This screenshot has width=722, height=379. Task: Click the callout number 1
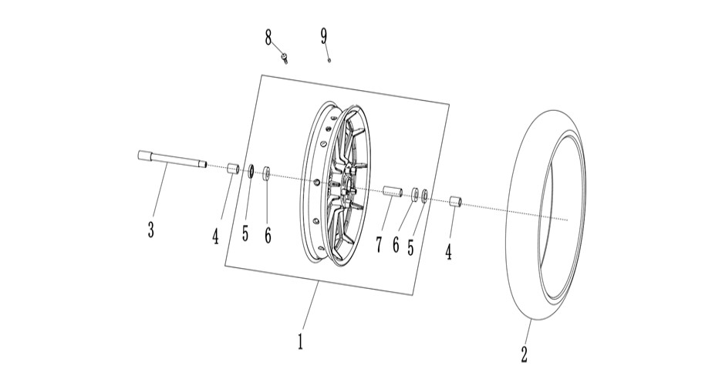point(300,340)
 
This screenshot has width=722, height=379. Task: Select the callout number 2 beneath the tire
point(524,354)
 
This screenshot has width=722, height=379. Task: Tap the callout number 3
point(151,229)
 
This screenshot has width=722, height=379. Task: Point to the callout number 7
point(379,245)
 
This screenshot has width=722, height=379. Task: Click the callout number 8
point(268,37)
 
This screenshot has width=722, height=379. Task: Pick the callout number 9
point(324,36)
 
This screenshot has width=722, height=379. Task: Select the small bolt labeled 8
point(285,59)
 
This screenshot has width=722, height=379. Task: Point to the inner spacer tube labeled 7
point(393,191)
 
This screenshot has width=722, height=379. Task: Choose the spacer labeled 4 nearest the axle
point(233,168)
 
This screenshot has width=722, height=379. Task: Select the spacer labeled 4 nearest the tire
point(455,203)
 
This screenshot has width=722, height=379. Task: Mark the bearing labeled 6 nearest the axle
point(267,174)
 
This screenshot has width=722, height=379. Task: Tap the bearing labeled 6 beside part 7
point(415,193)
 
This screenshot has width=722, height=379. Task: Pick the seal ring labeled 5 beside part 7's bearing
point(425,196)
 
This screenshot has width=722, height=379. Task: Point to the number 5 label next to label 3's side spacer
point(245,233)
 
